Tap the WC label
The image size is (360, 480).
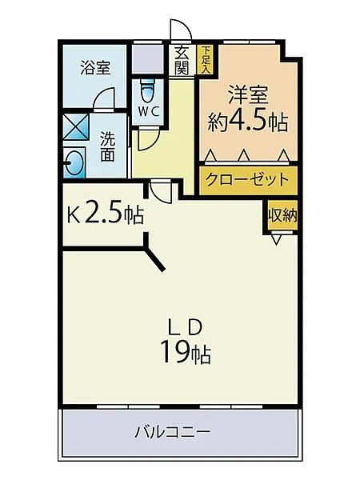click(148, 111)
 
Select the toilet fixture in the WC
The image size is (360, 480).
click(147, 90)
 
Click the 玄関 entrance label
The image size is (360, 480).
click(182, 60)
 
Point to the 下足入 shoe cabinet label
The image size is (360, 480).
click(205, 58)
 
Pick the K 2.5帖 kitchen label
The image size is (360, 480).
click(105, 214)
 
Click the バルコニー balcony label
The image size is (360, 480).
click(183, 433)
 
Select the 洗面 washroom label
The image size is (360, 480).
click(108, 146)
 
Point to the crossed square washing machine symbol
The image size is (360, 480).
click(76, 128)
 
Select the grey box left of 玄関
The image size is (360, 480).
click(146, 58)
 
